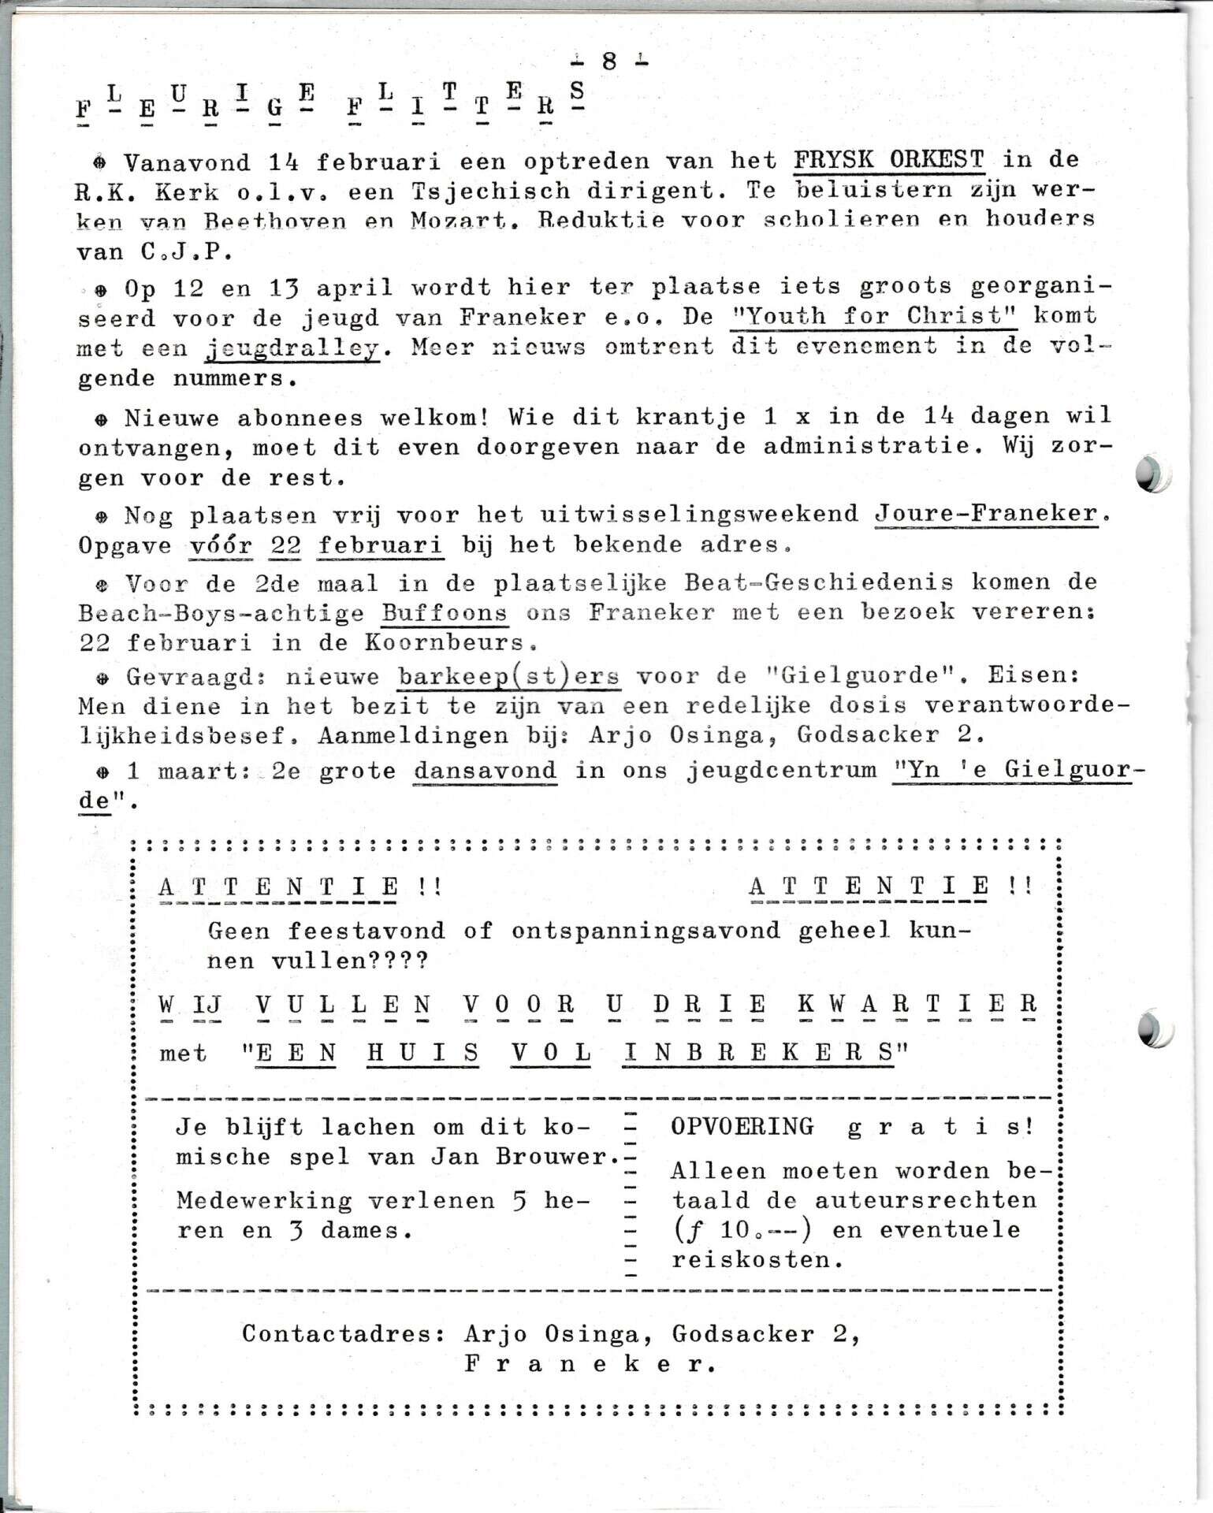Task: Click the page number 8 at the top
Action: pyautogui.click(x=608, y=61)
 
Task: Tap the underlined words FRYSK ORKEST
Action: pyautogui.click(x=888, y=160)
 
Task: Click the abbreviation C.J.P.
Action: pyautogui.click(x=181, y=252)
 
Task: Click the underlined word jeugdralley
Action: pyautogui.click(x=292, y=348)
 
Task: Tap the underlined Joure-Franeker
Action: pyautogui.click(x=986, y=514)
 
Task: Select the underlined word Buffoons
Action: pyautogui.click(x=445, y=612)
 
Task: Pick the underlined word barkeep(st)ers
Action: pyautogui.click(x=508, y=677)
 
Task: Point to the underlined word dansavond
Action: pyautogui.click(x=486, y=770)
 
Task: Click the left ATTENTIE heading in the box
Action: pyautogui.click(x=278, y=887)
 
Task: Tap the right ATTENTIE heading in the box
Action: pyautogui.click(x=869, y=887)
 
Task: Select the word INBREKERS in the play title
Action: pyautogui.click(x=758, y=1054)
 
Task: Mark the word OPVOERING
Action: pyautogui.click(x=742, y=1126)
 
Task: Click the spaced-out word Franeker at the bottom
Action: pyautogui.click(x=589, y=1364)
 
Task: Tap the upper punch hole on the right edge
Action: pyautogui.click(x=1152, y=474)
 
